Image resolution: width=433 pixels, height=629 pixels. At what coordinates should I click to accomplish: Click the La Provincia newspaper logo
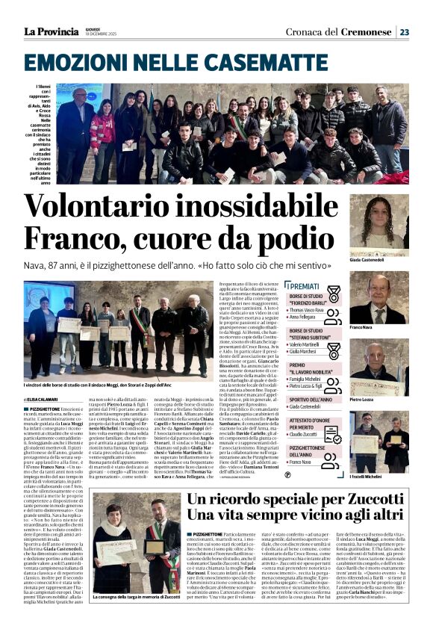(51, 31)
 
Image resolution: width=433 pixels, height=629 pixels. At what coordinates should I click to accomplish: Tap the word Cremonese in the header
(367, 31)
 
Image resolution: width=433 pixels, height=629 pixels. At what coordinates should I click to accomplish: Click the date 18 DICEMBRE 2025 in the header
(101, 35)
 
